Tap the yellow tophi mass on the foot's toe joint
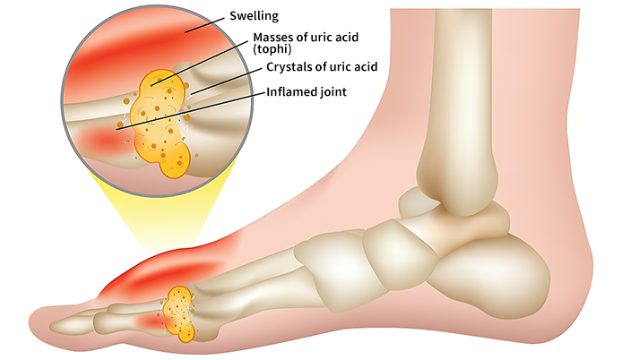184,313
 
